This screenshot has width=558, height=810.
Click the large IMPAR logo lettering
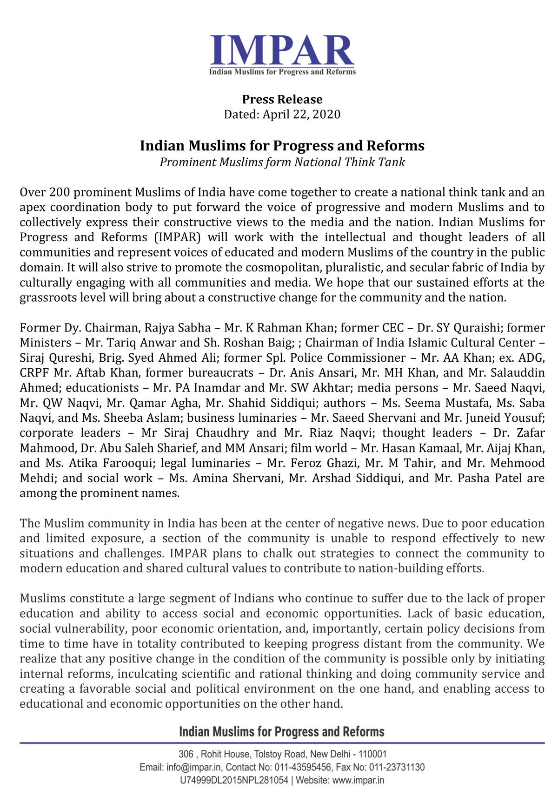tap(282, 50)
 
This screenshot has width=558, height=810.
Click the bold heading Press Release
tap(282, 99)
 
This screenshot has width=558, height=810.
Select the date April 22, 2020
tap(301, 115)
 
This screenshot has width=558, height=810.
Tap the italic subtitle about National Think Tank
tap(282, 162)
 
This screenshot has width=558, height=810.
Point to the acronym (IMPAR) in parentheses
tap(177, 237)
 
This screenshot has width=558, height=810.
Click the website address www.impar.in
tap(358, 781)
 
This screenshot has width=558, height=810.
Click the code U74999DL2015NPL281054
tap(234, 781)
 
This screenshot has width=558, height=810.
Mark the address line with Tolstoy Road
tap(282, 754)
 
